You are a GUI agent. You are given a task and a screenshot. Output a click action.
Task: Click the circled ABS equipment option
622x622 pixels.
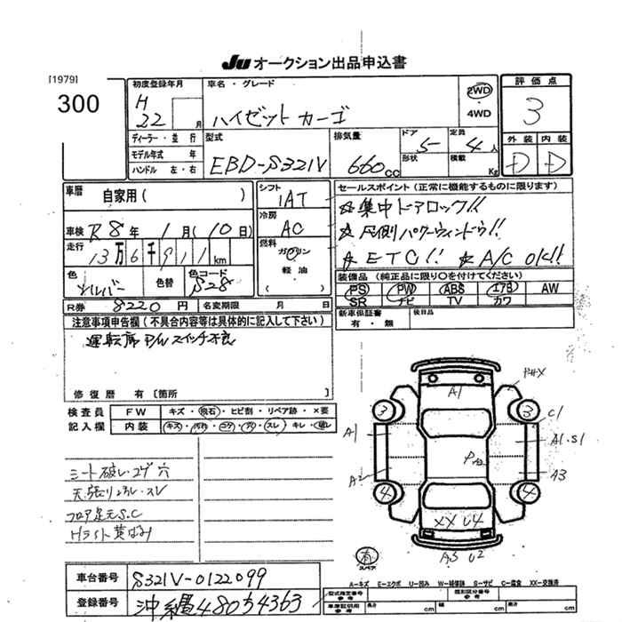[x=454, y=290]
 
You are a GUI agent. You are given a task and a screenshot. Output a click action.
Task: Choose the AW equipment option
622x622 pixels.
[x=549, y=289]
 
